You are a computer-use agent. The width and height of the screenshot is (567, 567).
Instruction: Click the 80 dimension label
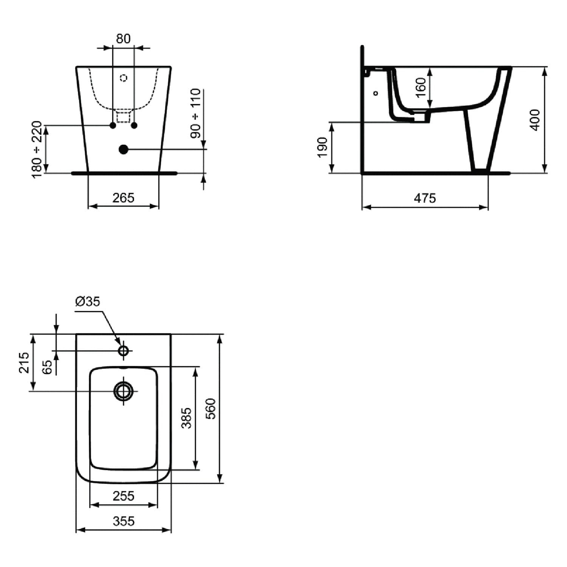(123, 39)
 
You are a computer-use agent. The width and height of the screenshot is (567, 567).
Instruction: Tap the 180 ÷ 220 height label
(37, 149)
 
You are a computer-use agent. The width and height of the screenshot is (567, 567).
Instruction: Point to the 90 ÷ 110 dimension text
(195, 113)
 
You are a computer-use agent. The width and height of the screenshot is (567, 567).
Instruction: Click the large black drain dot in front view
(123, 149)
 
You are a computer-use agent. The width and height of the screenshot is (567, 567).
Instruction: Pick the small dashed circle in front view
(124, 78)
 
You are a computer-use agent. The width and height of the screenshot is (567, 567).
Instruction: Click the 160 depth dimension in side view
(421, 88)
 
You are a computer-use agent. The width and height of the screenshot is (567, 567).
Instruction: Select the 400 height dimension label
(535, 120)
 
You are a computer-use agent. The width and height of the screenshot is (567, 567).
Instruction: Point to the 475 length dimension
(425, 198)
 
